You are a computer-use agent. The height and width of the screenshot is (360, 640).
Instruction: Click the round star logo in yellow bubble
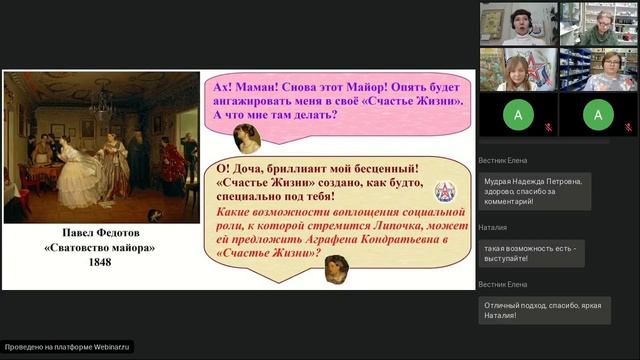tap(443, 190)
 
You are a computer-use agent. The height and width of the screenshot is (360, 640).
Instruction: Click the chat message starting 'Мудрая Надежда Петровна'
tap(535, 191)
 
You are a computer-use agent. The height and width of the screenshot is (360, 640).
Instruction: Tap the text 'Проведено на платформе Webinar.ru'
tap(67, 347)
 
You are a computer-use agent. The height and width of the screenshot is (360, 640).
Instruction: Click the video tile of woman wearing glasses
tap(597, 68)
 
